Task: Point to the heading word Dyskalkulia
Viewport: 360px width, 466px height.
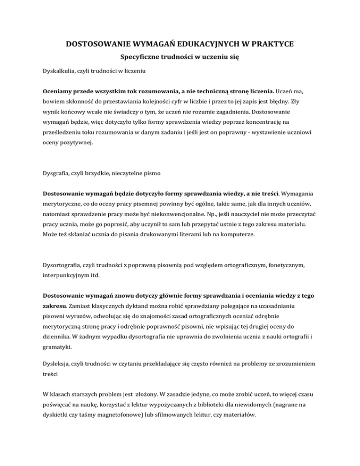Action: point(60,74)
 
